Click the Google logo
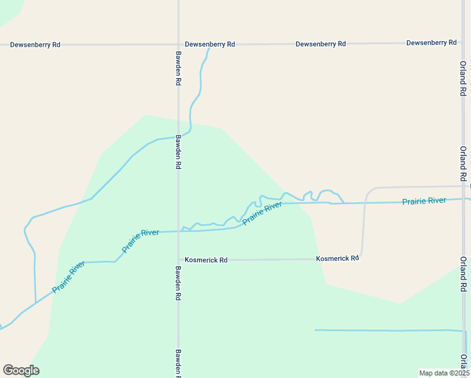(21, 370)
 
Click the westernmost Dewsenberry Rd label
(35, 45)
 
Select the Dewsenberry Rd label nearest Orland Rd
(431, 42)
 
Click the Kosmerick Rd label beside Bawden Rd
(206, 260)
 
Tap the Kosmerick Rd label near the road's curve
(338, 258)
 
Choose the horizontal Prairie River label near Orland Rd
(424, 201)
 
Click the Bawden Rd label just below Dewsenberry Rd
(179, 69)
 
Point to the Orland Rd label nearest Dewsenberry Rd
(462, 79)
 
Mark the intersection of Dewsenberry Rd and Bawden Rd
(179, 45)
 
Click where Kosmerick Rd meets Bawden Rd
(179, 260)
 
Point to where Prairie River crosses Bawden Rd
(179, 231)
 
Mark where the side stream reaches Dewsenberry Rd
(209, 46)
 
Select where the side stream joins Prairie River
(35, 302)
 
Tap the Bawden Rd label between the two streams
(179, 152)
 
